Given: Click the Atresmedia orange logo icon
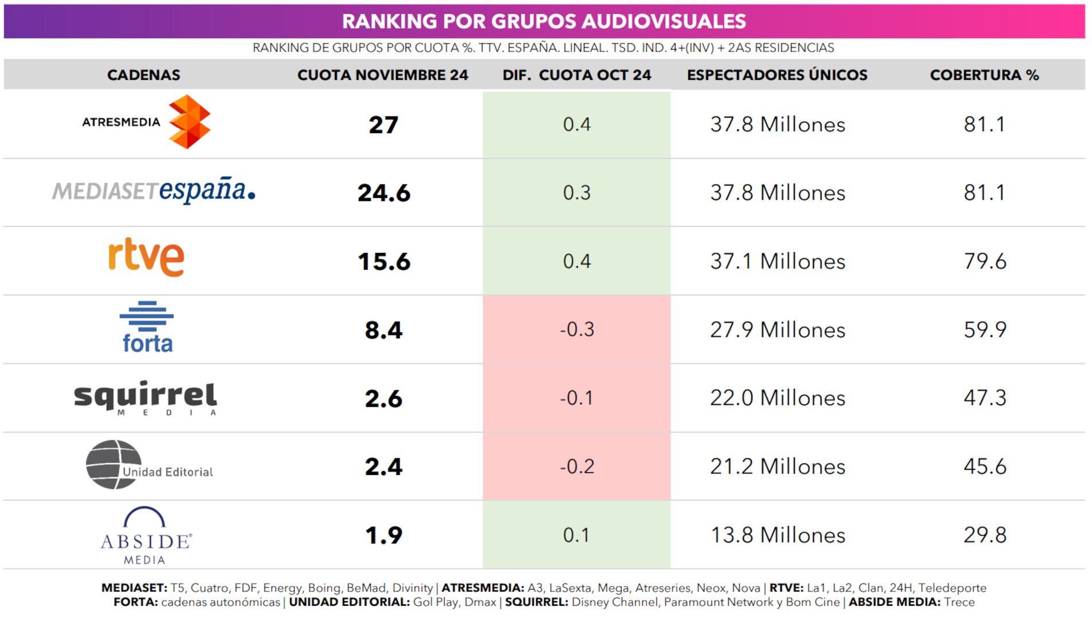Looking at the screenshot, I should click(189, 122).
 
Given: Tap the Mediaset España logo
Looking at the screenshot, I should click(154, 190).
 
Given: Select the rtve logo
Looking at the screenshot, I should click(146, 257).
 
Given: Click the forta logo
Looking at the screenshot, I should click(147, 327).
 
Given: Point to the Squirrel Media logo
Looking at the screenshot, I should click(145, 397).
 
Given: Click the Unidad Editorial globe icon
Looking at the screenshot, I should click(114, 465).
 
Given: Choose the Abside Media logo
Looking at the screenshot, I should click(146, 535).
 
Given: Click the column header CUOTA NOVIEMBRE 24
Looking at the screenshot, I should click(383, 75).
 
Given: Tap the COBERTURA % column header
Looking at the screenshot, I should click(984, 75).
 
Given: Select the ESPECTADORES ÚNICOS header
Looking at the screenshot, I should click(777, 75).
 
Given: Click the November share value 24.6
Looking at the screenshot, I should click(384, 193).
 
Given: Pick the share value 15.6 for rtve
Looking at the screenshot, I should click(384, 262).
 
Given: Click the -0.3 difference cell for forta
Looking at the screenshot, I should click(576, 329).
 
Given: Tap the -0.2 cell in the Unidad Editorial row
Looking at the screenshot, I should click(576, 466).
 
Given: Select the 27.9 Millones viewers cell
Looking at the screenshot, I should click(777, 330).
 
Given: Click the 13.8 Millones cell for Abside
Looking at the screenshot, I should click(777, 535).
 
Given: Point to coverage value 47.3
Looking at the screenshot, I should click(984, 398).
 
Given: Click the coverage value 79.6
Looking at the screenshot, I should click(984, 261).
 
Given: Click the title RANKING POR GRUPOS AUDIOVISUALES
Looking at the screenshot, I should click(544, 21).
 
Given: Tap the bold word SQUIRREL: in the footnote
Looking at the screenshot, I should click(536, 602).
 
